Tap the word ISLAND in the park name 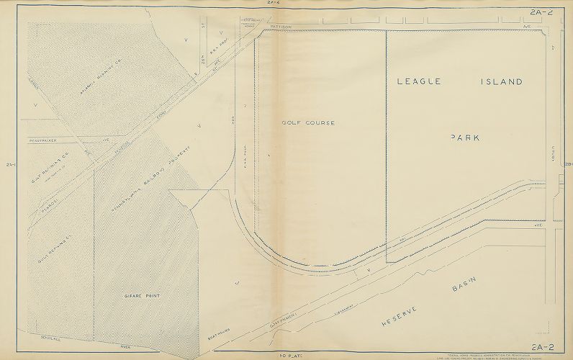click(x=501, y=82)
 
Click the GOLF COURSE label click(x=308, y=123)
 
